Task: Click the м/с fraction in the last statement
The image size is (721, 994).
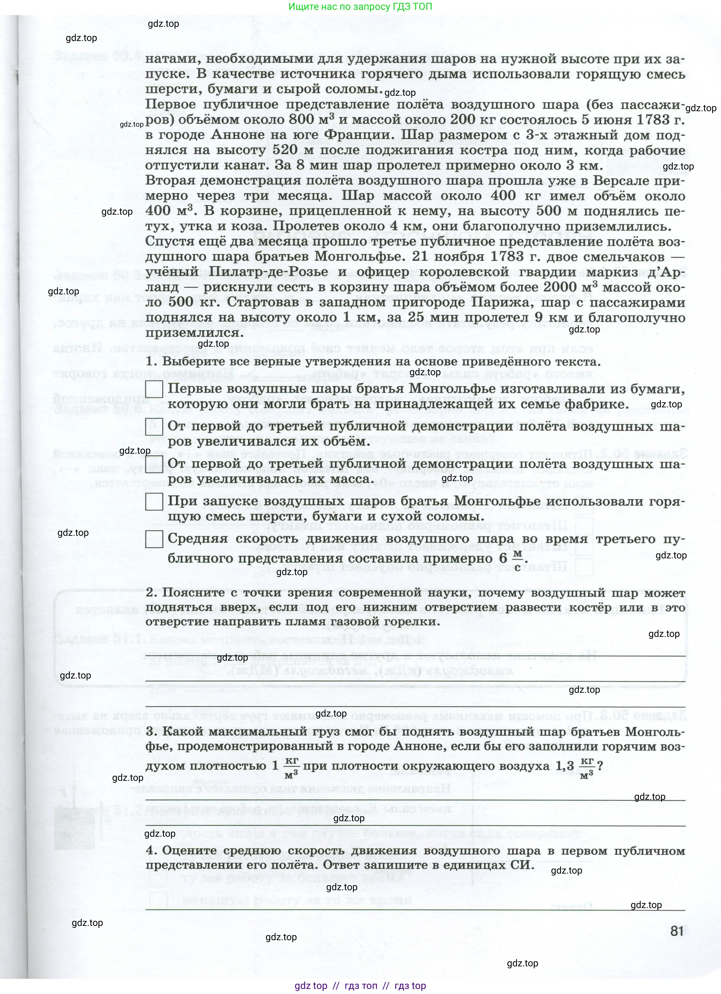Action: coord(518,559)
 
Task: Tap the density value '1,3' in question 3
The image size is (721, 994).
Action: coord(565,766)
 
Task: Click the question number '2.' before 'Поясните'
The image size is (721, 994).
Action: coord(151,593)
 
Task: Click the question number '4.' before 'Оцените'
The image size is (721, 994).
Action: coord(151,851)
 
